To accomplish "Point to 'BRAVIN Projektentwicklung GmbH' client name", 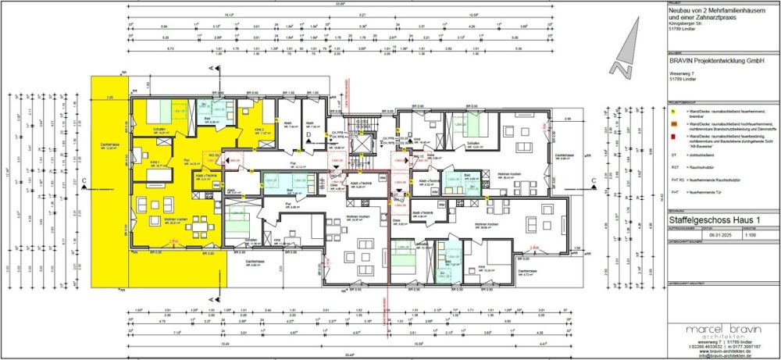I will pos(711,59).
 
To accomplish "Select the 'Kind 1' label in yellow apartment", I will pos(144,163).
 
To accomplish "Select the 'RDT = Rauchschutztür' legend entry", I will pos(699,167).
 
